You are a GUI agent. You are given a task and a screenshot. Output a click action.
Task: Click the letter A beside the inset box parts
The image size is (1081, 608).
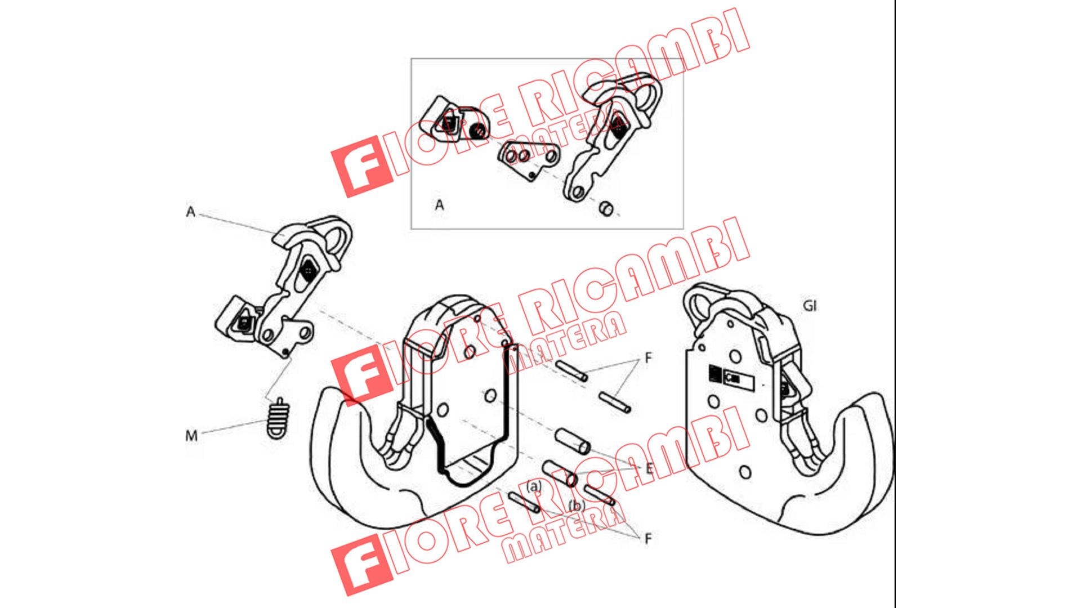[x=439, y=205]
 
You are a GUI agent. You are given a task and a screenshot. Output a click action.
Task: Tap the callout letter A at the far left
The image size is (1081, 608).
[x=191, y=212]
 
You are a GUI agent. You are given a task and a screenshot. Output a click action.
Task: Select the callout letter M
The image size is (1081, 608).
[x=191, y=435]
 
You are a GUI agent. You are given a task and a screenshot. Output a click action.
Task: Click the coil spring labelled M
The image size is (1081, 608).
[x=278, y=418]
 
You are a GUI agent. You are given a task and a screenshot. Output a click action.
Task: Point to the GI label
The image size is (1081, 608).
[x=809, y=306]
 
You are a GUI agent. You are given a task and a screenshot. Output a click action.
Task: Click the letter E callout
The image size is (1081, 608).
[x=649, y=467]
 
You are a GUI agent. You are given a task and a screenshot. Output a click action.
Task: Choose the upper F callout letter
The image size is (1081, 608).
[x=648, y=357]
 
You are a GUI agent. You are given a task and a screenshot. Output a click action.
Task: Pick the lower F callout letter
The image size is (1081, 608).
[x=647, y=539]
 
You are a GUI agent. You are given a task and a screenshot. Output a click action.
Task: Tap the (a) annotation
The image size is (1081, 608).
[x=533, y=486]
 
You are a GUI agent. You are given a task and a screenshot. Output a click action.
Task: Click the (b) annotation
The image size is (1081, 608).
[x=577, y=505]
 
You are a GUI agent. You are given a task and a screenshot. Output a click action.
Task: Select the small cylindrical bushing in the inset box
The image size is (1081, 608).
[x=606, y=208]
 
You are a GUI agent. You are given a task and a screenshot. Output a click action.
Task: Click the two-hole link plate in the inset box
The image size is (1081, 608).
[x=528, y=160]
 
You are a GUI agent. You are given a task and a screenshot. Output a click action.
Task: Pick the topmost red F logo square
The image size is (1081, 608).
[x=361, y=167]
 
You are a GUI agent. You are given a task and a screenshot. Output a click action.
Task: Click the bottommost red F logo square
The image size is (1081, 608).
[x=361, y=565]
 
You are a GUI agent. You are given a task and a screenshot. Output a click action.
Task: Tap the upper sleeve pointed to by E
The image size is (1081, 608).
[x=573, y=441]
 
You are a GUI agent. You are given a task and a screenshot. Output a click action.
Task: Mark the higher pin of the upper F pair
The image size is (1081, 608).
[x=571, y=370]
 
